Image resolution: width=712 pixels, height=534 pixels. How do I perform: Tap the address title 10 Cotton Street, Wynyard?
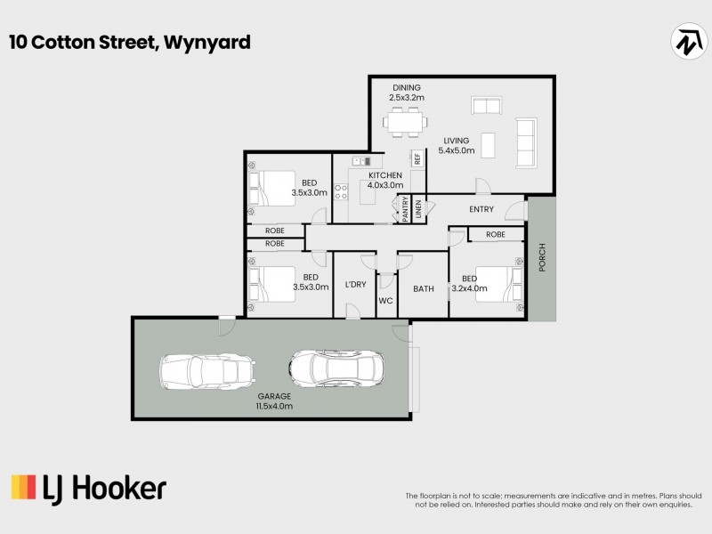[x=130, y=42]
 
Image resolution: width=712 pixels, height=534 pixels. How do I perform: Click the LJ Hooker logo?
[x=88, y=488]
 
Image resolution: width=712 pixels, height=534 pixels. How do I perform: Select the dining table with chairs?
[x=406, y=121]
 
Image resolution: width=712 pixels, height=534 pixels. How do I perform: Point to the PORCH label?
[x=541, y=258]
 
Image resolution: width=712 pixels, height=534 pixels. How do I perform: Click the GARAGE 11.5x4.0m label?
[x=275, y=400]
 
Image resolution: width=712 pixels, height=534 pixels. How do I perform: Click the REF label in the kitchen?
[x=416, y=159]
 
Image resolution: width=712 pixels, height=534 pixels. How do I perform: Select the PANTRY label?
[x=404, y=209]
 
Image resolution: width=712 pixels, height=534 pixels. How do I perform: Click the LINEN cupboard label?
[x=417, y=210]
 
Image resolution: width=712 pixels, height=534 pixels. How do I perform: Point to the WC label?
[x=386, y=301]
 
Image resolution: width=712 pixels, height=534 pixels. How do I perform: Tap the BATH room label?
[x=423, y=288]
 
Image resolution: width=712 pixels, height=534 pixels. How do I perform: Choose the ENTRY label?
[x=481, y=209]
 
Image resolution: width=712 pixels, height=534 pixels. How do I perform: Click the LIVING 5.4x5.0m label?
[x=457, y=145]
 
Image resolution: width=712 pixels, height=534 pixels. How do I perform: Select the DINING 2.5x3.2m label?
[x=407, y=93]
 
